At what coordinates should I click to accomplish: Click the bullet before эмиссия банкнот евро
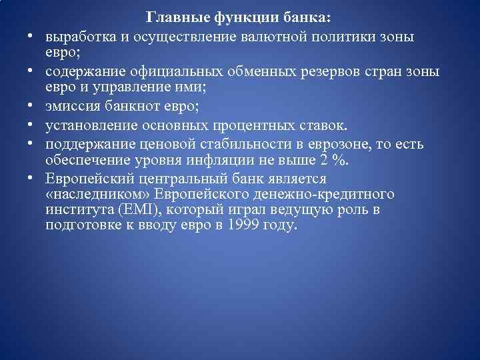pyautogui.click(x=31, y=107)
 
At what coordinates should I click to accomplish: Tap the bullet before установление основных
pyautogui.click(x=31, y=126)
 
